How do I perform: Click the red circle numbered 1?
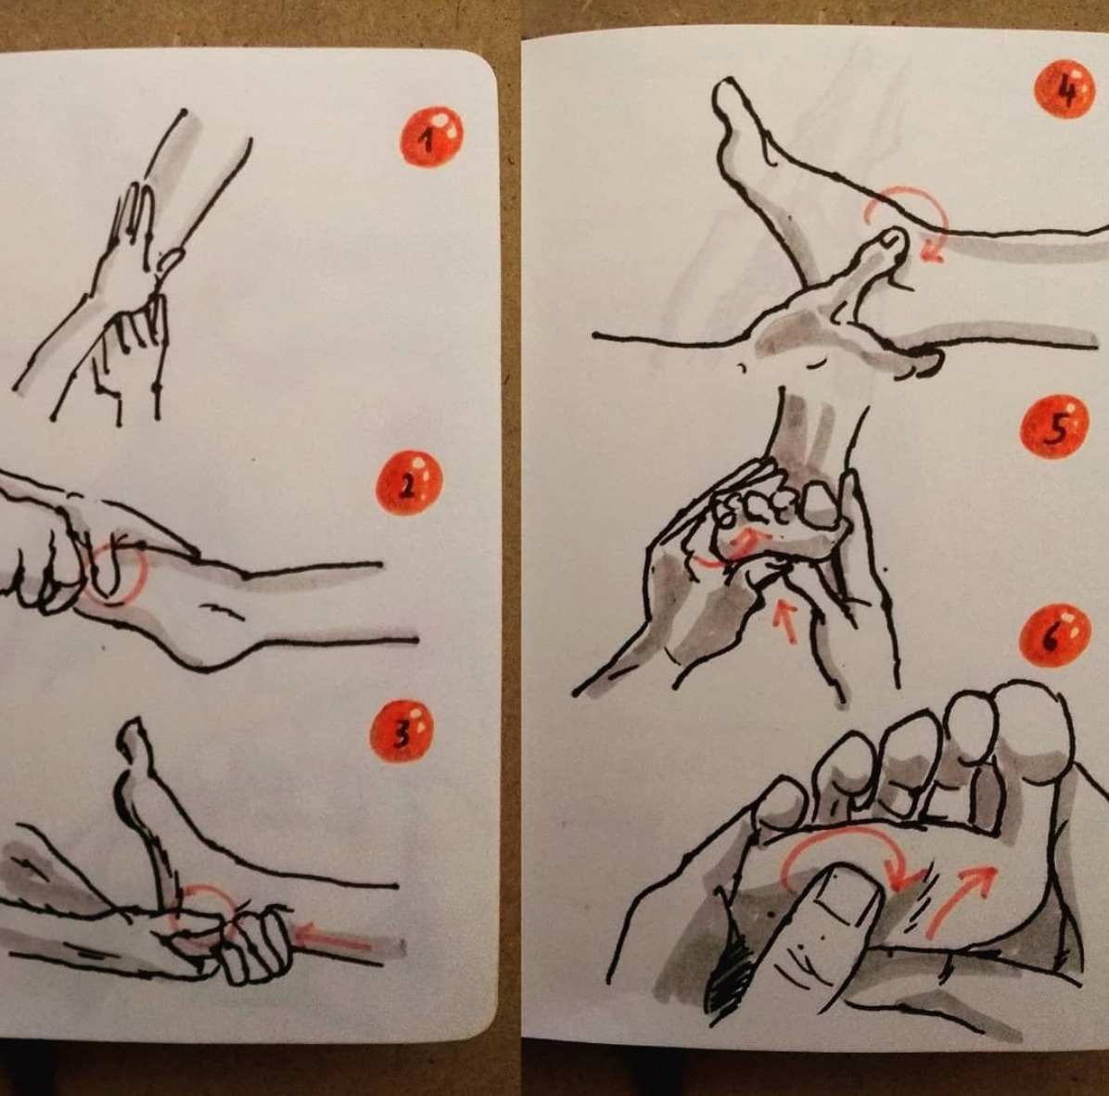[431, 136]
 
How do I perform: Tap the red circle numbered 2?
[409, 483]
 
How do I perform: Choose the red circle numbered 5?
[1054, 427]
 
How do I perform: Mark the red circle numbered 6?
[1054, 636]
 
